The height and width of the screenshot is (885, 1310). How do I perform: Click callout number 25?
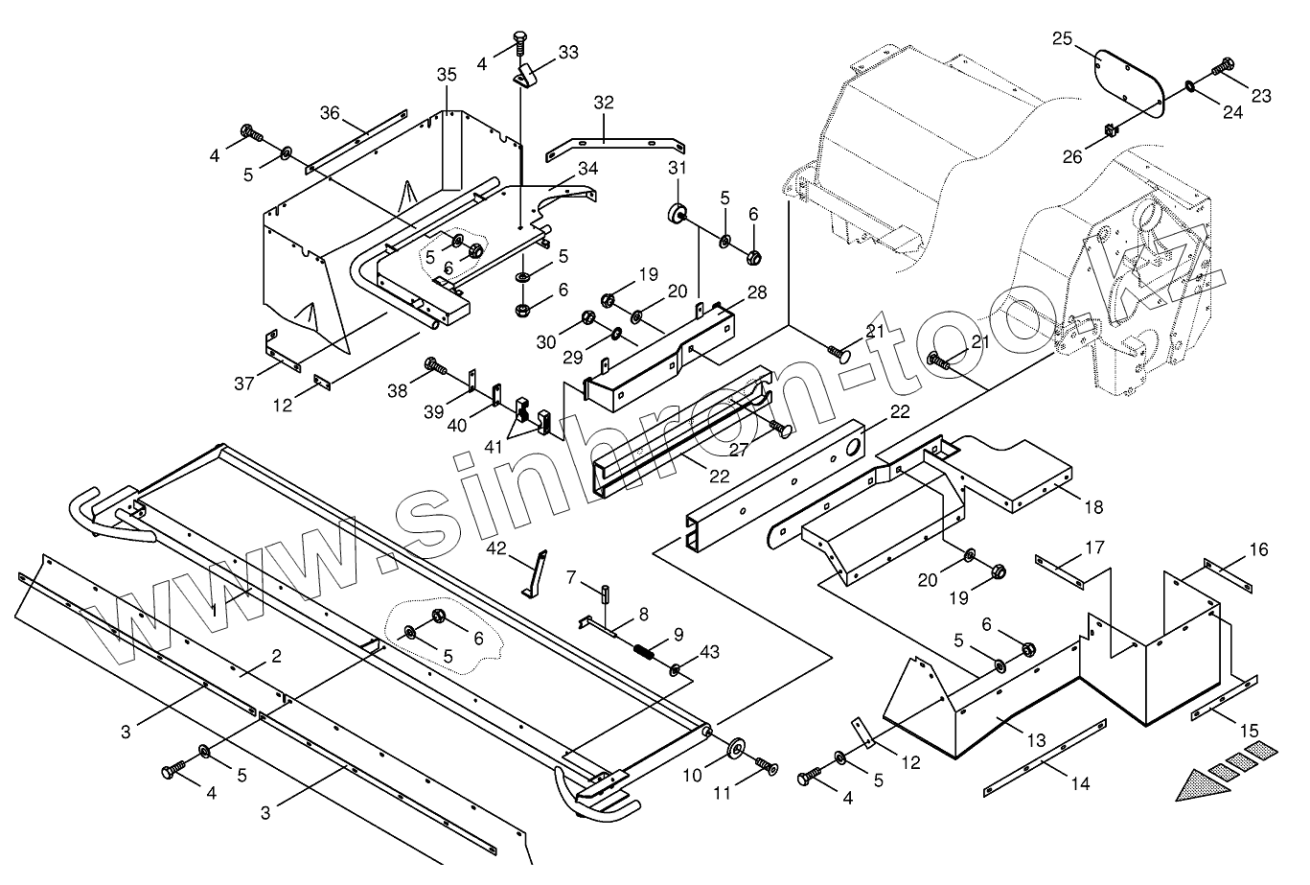[1062, 38]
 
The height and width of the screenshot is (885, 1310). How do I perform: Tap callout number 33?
[567, 53]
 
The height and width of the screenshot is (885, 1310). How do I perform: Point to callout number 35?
[447, 75]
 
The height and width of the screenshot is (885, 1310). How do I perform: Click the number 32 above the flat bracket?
[604, 103]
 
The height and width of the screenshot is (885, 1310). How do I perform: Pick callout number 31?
[678, 168]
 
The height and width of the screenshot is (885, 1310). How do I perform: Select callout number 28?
[755, 293]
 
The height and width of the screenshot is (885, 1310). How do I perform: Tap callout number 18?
[1092, 506]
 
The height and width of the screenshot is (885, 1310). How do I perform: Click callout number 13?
[1037, 740]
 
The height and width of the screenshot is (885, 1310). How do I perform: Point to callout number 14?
[1080, 783]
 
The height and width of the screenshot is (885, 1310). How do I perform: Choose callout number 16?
[1258, 549]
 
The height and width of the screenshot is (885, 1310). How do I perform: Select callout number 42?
[495, 548]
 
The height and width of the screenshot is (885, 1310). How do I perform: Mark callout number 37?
[244, 384]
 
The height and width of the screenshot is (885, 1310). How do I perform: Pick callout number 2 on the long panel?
[276, 657]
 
